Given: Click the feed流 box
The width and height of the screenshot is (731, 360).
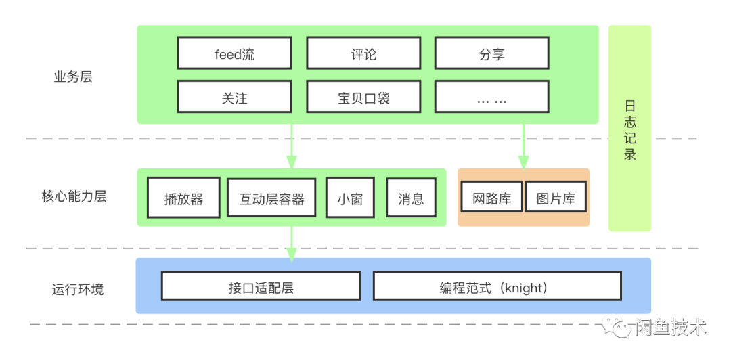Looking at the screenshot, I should (x=234, y=53).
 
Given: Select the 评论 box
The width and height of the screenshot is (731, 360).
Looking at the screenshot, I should (x=363, y=53).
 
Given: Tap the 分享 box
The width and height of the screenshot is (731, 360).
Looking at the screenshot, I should (x=491, y=53).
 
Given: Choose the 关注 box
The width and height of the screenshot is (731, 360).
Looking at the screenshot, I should (x=234, y=97).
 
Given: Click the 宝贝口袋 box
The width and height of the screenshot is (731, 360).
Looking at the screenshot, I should (x=363, y=97).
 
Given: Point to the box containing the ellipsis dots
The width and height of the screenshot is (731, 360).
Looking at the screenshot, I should (x=491, y=97).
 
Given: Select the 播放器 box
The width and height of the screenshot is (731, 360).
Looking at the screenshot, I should (x=183, y=198).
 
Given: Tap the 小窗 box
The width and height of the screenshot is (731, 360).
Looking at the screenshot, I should (x=349, y=198).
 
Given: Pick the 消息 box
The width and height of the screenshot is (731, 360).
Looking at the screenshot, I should (x=411, y=198).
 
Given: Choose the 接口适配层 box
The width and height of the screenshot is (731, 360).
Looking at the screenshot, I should (x=261, y=287).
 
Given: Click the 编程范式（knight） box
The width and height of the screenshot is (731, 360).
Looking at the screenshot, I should (x=497, y=287).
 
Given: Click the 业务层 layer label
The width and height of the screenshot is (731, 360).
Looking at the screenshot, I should (x=73, y=76).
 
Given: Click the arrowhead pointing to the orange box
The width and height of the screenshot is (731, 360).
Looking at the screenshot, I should (x=523, y=162).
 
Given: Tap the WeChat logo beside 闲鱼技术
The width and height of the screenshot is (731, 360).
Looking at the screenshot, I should (x=617, y=328).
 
